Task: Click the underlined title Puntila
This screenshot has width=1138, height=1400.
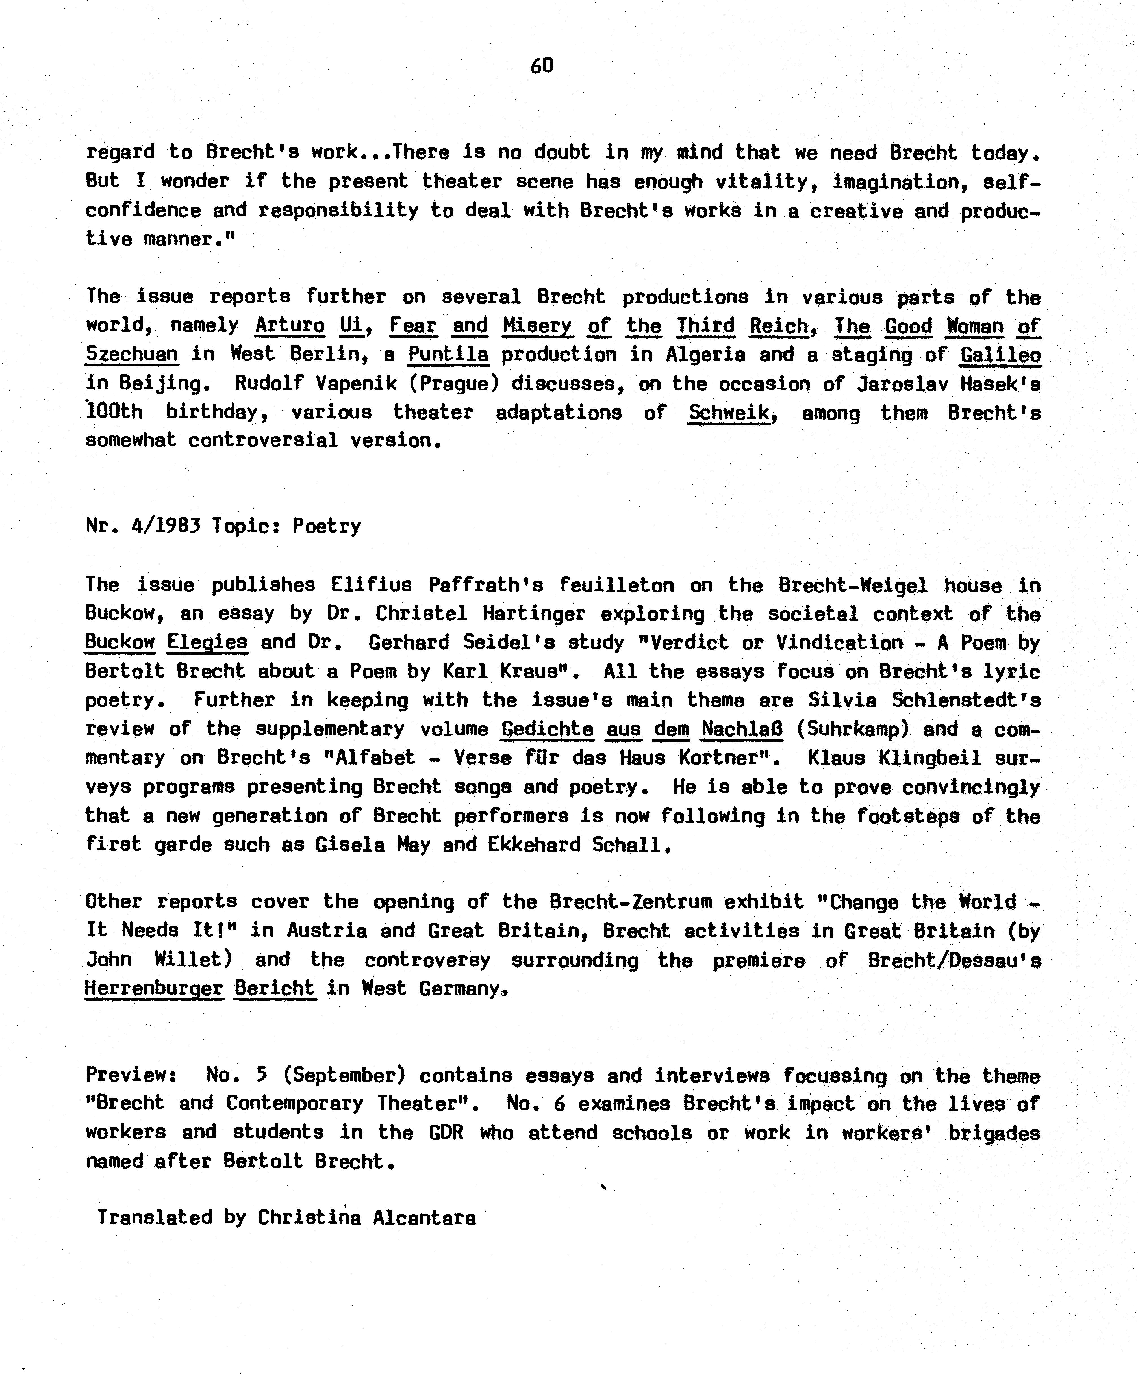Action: click(x=448, y=355)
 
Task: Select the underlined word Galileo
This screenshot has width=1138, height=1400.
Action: click(x=1000, y=355)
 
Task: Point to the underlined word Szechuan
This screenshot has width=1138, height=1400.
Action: click(x=132, y=355)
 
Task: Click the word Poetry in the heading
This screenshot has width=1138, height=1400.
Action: click(x=326, y=526)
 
